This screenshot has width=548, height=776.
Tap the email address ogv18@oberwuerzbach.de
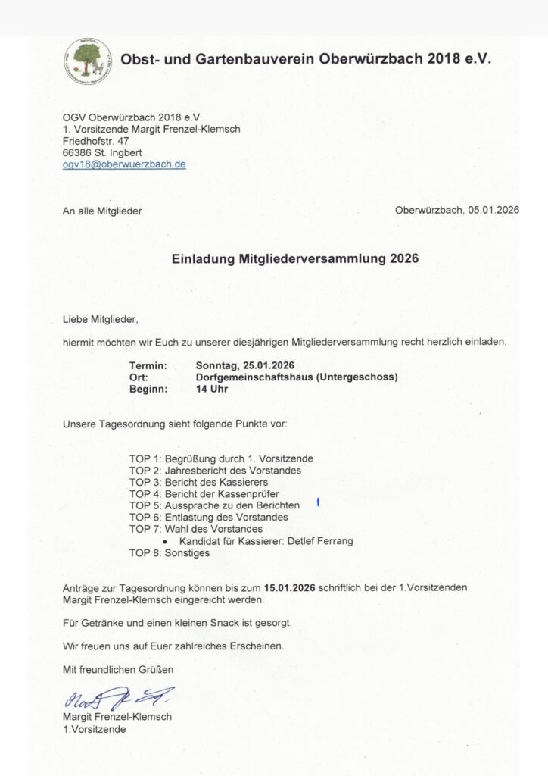click(x=124, y=164)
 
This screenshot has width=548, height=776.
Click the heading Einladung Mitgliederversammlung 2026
click(x=295, y=258)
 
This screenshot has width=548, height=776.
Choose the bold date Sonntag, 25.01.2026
click(x=244, y=365)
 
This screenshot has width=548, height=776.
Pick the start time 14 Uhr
click(x=212, y=389)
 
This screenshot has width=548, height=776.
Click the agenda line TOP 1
click(x=221, y=458)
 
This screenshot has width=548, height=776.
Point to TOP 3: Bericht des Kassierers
click(x=198, y=482)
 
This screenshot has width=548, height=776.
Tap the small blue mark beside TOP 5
click(x=319, y=502)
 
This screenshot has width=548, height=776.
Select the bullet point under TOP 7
click(x=165, y=542)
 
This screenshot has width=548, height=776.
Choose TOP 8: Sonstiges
click(x=170, y=552)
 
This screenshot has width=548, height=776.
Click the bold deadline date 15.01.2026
click(x=289, y=587)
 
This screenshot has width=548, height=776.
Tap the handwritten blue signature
click(x=117, y=697)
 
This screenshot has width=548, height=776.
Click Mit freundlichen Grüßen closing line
click(x=118, y=669)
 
